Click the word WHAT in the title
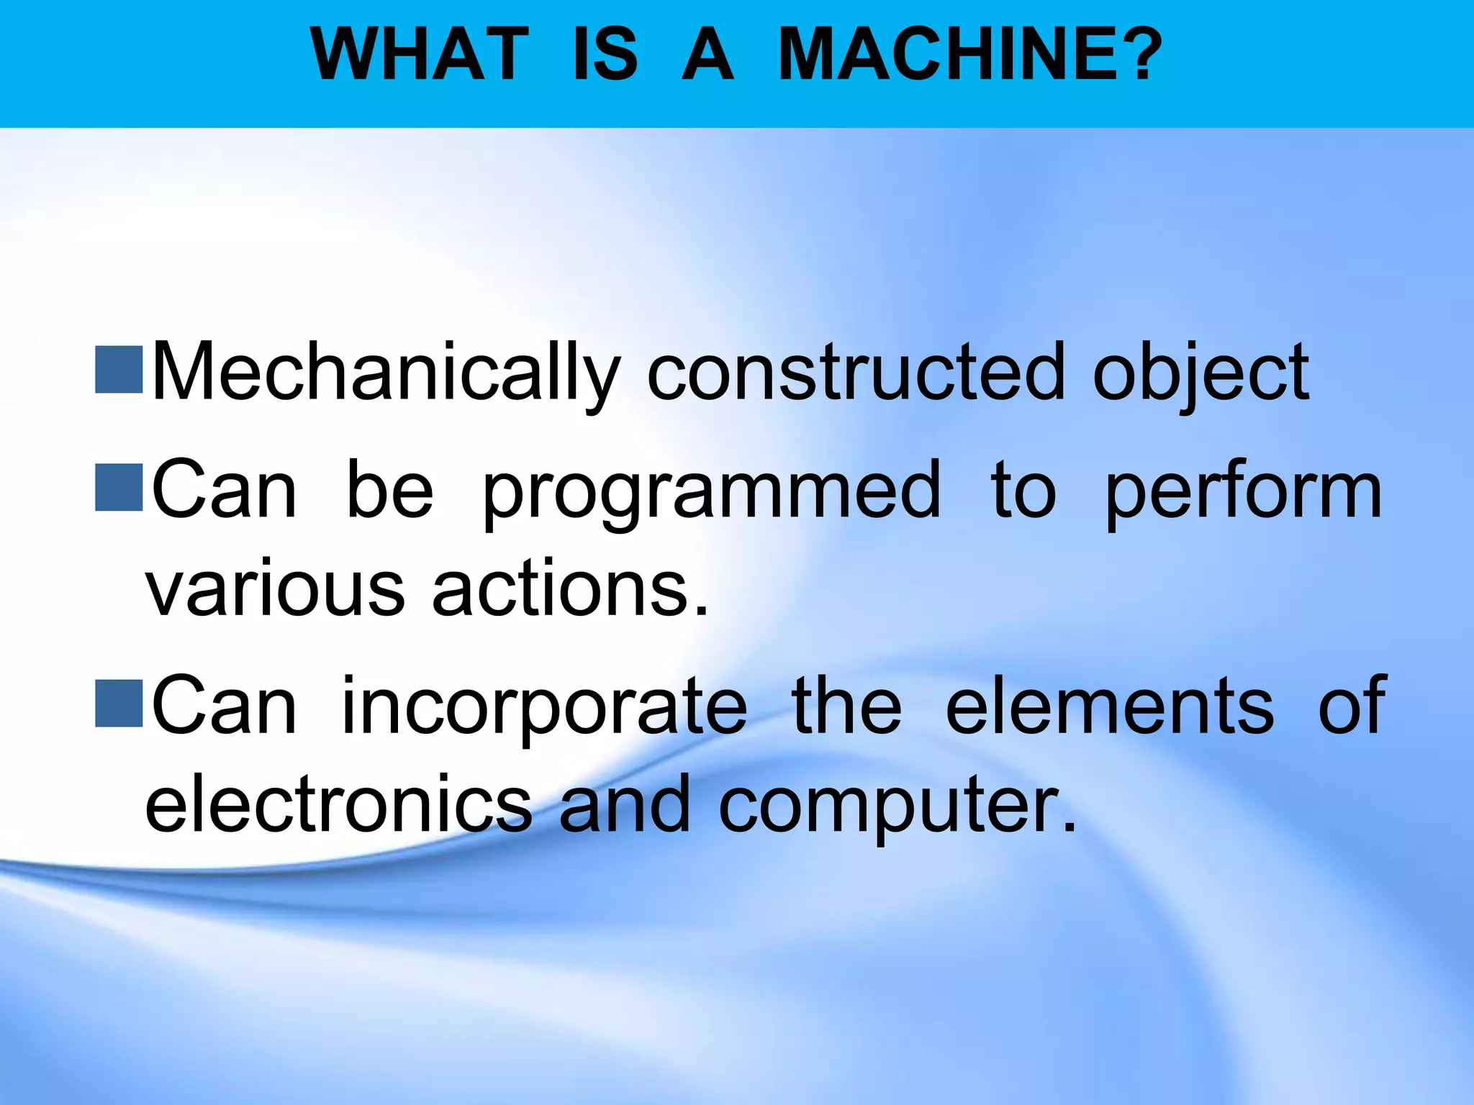[x=420, y=55]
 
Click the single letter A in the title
[x=707, y=55]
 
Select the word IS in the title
[x=605, y=55]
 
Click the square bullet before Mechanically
[x=119, y=370]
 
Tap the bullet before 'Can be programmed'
[x=119, y=487]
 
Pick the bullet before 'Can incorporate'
[x=119, y=703]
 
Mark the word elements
[x=1109, y=706]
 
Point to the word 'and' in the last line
[x=624, y=804]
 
